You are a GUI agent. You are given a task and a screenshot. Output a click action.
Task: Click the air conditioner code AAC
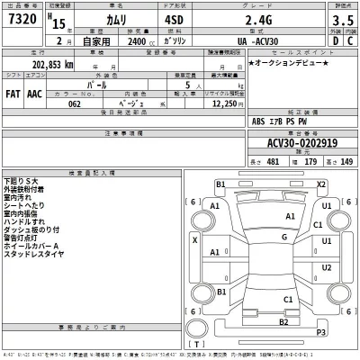point(33,93)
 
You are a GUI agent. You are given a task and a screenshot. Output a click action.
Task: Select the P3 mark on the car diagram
point(321,333)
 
